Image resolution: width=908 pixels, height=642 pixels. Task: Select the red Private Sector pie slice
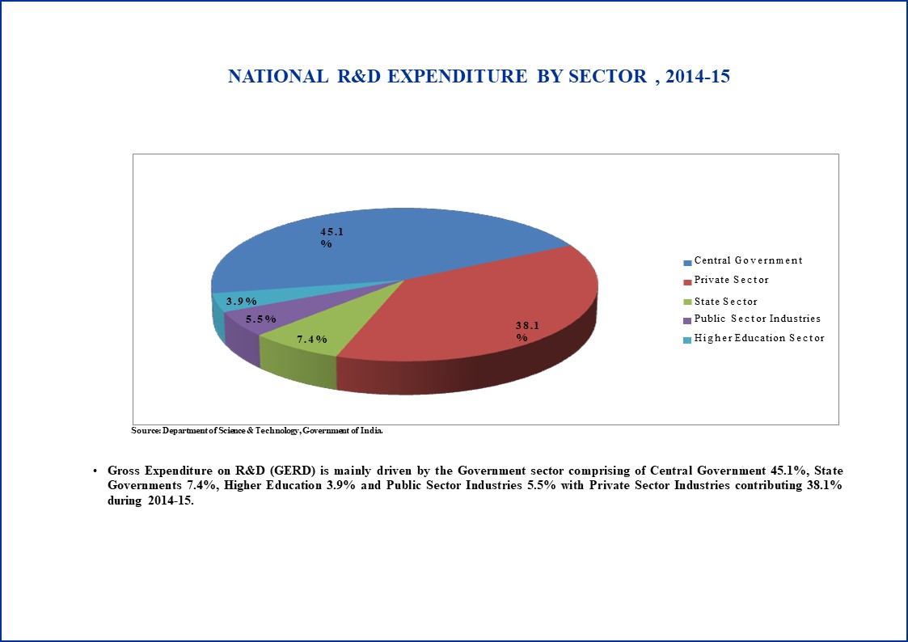(480, 324)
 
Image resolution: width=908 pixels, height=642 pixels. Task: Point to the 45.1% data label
(332, 238)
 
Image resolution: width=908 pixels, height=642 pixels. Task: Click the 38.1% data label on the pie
(527, 332)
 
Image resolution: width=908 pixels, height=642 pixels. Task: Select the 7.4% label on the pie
(312, 340)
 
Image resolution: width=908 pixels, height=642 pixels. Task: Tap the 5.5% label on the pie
(260, 319)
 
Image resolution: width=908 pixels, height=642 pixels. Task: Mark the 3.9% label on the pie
(242, 301)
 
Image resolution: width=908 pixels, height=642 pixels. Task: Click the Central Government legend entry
(743, 260)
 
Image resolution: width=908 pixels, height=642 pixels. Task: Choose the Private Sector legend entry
(726, 281)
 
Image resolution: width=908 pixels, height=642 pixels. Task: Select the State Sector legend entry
(720, 302)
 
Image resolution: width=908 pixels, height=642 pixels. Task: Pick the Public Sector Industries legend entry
(752, 319)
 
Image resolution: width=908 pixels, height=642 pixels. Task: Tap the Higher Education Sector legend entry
(754, 339)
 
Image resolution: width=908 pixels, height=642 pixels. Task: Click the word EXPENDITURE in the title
(458, 77)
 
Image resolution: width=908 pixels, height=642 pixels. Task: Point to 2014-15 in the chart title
(698, 77)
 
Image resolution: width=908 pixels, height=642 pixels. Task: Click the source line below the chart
(257, 431)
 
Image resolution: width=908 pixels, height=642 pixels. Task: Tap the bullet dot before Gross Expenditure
(95, 471)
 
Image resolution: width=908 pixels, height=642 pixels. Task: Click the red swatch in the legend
(687, 282)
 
